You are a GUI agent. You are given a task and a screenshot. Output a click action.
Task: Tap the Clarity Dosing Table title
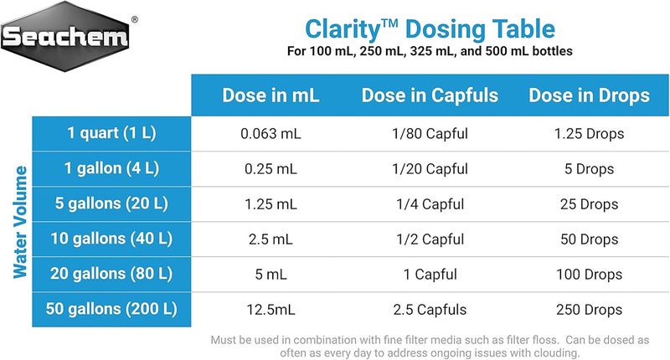coord(430,29)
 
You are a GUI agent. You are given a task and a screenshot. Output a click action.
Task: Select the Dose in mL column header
coord(271,95)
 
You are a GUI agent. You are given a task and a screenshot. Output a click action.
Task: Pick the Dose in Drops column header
coord(589,95)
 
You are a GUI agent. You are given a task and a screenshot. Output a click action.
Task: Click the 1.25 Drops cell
coord(589,133)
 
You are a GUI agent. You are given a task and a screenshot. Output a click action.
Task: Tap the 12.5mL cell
coord(271,310)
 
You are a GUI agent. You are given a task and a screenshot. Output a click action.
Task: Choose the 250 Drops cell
coord(589,310)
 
